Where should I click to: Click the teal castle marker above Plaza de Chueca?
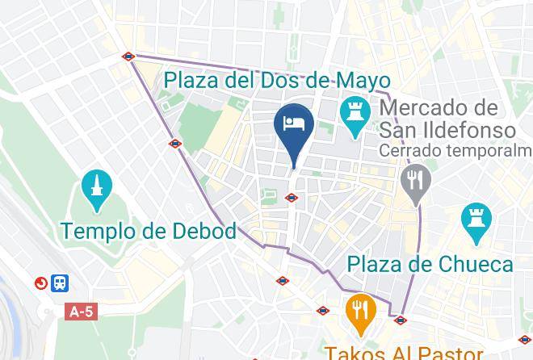coord(472,220)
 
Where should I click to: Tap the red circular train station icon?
coord(41,283)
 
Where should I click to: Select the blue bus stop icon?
coord(61,283)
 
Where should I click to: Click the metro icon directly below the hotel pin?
coord(292,197)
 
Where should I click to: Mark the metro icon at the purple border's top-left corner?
coord(128,57)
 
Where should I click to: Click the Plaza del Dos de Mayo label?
coord(276,81)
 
